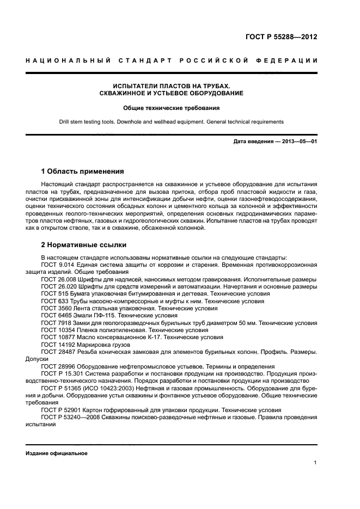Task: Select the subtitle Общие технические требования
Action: point(171,108)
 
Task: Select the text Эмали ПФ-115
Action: point(97,315)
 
